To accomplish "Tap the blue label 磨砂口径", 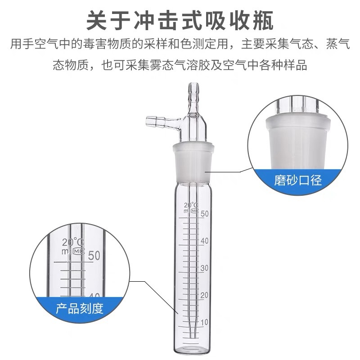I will pyautogui.click(x=298, y=181).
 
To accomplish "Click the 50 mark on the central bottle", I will pyautogui.click(x=205, y=214).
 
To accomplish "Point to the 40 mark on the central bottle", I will pyautogui.click(x=205, y=241).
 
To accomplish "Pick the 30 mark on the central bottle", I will pyautogui.click(x=205, y=268).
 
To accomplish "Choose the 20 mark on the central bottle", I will pyautogui.click(x=205, y=295).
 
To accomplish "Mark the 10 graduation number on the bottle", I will pyautogui.click(x=205, y=322).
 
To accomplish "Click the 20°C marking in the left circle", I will pyautogui.click(x=73, y=242).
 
